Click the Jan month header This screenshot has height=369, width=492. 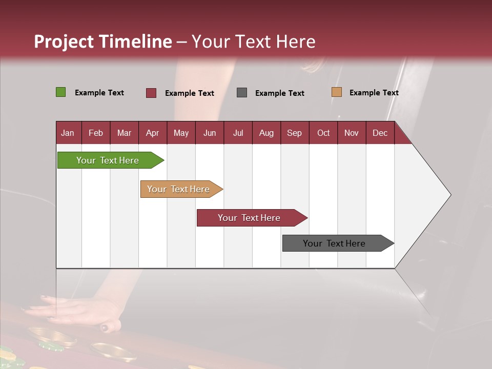(68, 133)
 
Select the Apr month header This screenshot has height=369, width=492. (152, 133)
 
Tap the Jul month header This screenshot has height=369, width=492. (238, 133)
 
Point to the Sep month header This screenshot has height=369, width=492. (294, 133)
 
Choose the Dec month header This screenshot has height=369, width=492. (380, 133)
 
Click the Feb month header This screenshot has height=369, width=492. (96, 133)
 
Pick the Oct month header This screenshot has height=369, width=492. (323, 133)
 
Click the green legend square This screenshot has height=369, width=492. (60, 92)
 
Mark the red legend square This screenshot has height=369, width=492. (151, 93)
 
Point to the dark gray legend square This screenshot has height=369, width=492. (242, 93)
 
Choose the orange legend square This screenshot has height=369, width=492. (336, 92)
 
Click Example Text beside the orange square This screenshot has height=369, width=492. (374, 93)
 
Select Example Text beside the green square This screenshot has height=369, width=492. (99, 93)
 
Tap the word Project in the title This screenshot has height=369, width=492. (64, 42)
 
